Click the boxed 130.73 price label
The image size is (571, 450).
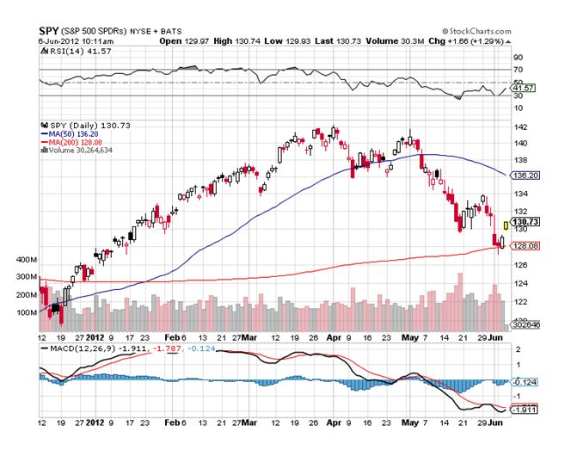pos(526,222)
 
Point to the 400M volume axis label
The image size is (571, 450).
pos(27,259)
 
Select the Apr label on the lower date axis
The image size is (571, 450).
pos(333,425)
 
